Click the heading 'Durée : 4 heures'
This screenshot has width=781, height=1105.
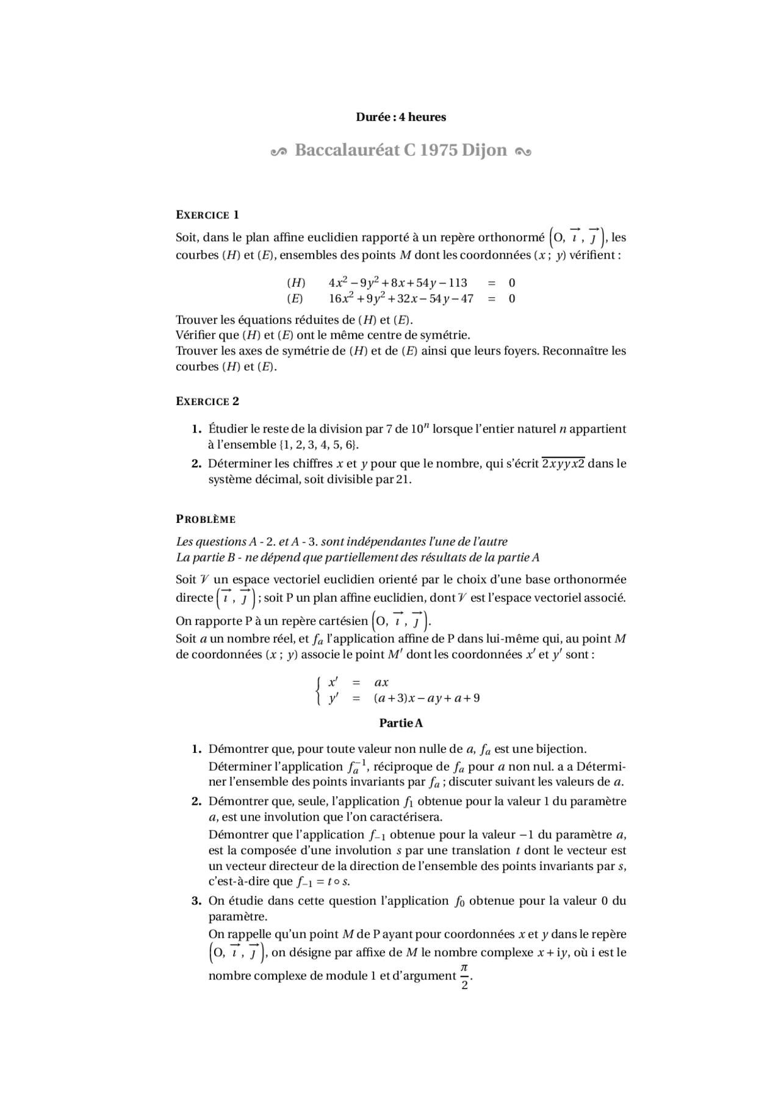[x=401, y=117]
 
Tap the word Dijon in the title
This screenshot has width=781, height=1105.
[x=484, y=150]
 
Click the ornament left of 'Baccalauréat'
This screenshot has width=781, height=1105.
[x=278, y=152]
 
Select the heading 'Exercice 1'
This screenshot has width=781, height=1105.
[x=207, y=215]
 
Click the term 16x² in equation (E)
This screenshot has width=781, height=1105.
[x=340, y=298]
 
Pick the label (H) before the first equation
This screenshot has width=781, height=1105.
[x=296, y=283]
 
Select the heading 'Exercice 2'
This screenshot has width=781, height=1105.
[x=207, y=401]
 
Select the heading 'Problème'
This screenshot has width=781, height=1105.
[x=206, y=519]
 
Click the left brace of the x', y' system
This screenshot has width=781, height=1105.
[x=318, y=690]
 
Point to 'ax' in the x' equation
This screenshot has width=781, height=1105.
[x=381, y=683]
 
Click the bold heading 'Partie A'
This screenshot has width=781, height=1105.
[x=401, y=723]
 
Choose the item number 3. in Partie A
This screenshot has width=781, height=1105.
[x=196, y=901]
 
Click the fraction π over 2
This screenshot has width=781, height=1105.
[x=464, y=976]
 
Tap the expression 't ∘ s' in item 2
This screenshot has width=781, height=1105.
[x=337, y=882]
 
